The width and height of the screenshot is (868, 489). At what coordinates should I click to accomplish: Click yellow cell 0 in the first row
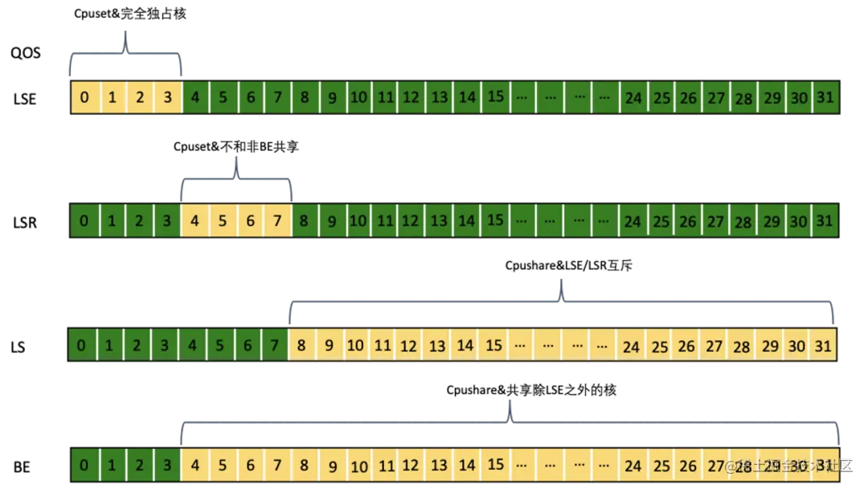(84, 98)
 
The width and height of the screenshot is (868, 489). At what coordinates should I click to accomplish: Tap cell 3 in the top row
(167, 98)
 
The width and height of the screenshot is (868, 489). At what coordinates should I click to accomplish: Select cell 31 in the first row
(825, 97)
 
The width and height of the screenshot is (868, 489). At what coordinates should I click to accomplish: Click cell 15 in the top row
(496, 97)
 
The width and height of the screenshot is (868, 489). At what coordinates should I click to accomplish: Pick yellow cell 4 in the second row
(194, 220)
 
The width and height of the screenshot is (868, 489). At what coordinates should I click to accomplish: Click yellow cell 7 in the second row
(277, 220)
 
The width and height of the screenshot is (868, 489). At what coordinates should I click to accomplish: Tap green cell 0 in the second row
(84, 220)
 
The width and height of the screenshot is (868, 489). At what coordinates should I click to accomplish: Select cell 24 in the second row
(633, 220)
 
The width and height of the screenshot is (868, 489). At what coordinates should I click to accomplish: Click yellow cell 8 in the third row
(301, 346)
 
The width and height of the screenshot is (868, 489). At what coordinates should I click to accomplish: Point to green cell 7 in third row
(274, 346)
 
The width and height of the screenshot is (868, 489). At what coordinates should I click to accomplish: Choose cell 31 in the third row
(822, 346)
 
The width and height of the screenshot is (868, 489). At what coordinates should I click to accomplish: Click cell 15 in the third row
(493, 346)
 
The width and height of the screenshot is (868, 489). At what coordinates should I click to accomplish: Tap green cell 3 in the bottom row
(167, 466)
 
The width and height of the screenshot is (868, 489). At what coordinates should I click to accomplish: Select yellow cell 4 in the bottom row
(194, 466)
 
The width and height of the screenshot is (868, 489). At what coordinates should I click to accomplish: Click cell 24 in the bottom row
(633, 466)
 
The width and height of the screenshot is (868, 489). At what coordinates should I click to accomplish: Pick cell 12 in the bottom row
(411, 466)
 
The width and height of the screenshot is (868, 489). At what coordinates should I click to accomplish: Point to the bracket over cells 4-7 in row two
(235, 179)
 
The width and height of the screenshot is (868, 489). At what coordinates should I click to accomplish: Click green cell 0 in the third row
(81, 346)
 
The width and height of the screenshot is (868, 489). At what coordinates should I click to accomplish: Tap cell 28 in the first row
(743, 98)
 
